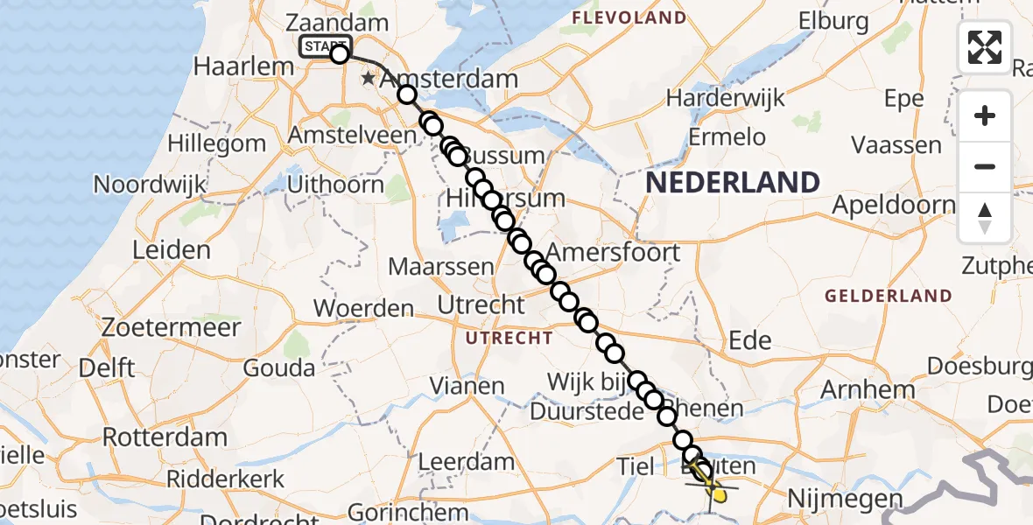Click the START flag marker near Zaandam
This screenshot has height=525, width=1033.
click(325, 46)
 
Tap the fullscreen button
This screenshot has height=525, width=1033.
click(985, 47)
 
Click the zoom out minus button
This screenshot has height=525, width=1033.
click(985, 166)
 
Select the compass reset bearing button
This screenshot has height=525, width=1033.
click(985, 217)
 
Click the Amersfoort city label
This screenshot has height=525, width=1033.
click(617, 253)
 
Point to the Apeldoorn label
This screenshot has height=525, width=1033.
click(893, 205)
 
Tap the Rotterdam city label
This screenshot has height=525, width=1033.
click(165, 437)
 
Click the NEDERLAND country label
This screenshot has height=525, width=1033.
click(733, 182)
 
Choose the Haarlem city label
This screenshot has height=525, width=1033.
click(231, 66)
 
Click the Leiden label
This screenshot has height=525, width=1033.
click(172, 250)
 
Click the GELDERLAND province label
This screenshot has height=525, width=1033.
click(889, 296)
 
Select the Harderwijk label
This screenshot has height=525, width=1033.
click(722, 97)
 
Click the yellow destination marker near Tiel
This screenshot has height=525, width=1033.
click(718, 495)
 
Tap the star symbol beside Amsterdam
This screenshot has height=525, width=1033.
click(369, 79)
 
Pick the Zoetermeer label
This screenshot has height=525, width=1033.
click(172, 328)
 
